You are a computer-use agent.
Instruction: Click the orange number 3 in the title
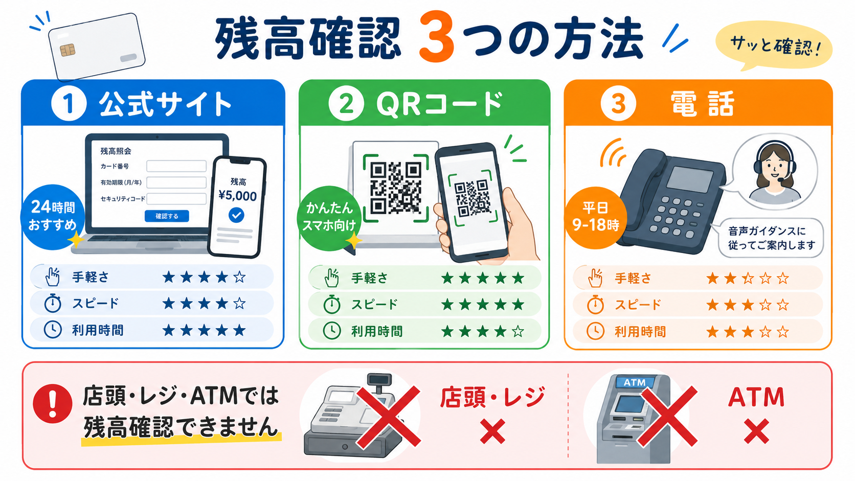pyautogui.click(x=436, y=37)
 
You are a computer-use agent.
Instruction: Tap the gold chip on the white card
pyautogui.click(x=67, y=50)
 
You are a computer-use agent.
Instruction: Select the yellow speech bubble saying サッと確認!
pyautogui.click(x=774, y=46)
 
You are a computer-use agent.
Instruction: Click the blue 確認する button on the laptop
pyautogui.click(x=167, y=216)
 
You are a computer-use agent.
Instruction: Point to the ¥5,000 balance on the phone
pyautogui.click(x=237, y=196)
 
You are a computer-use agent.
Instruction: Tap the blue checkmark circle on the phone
pyautogui.click(x=237, y=215)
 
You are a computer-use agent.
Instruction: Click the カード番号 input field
pyautogui.click(x=176, y=166)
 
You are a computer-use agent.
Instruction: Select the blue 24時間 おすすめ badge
pyautogui.click(x=53, y=217)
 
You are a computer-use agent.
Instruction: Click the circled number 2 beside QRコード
pyautogui.click(x=346, y=104)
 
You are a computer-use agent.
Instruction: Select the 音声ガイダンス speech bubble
pyautogui.click(x=770, y=238)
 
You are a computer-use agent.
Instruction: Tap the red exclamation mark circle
pyautogui.click(x=52, y=404)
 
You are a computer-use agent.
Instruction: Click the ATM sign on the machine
pyautogui.click(x=635, y=382)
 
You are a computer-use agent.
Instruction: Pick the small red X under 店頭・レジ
pyautogui.click(x=493, y=431)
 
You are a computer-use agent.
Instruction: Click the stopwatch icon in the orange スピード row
pyautogui.click(x=595, y=305)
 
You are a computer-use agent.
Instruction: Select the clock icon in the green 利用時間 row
pyautogui.click(x=332, y=331)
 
